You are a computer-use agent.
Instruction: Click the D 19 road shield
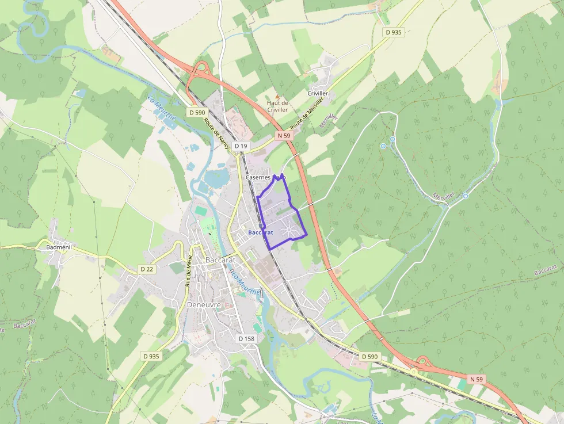241,146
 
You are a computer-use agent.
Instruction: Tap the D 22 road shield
147,269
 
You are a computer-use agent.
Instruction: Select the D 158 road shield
246,339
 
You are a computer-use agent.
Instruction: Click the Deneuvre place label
204,304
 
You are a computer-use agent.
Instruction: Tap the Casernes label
258,178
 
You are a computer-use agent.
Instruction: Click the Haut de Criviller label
277,106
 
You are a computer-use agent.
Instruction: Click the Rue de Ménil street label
189,271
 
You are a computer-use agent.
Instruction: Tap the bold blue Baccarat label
260,232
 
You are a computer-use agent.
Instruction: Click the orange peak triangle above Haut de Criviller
277,97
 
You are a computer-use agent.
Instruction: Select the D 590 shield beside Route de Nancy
197,112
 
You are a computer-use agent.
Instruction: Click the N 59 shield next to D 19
284,136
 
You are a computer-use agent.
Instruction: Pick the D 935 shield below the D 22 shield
151,356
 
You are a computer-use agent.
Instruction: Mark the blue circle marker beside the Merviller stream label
465,196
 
